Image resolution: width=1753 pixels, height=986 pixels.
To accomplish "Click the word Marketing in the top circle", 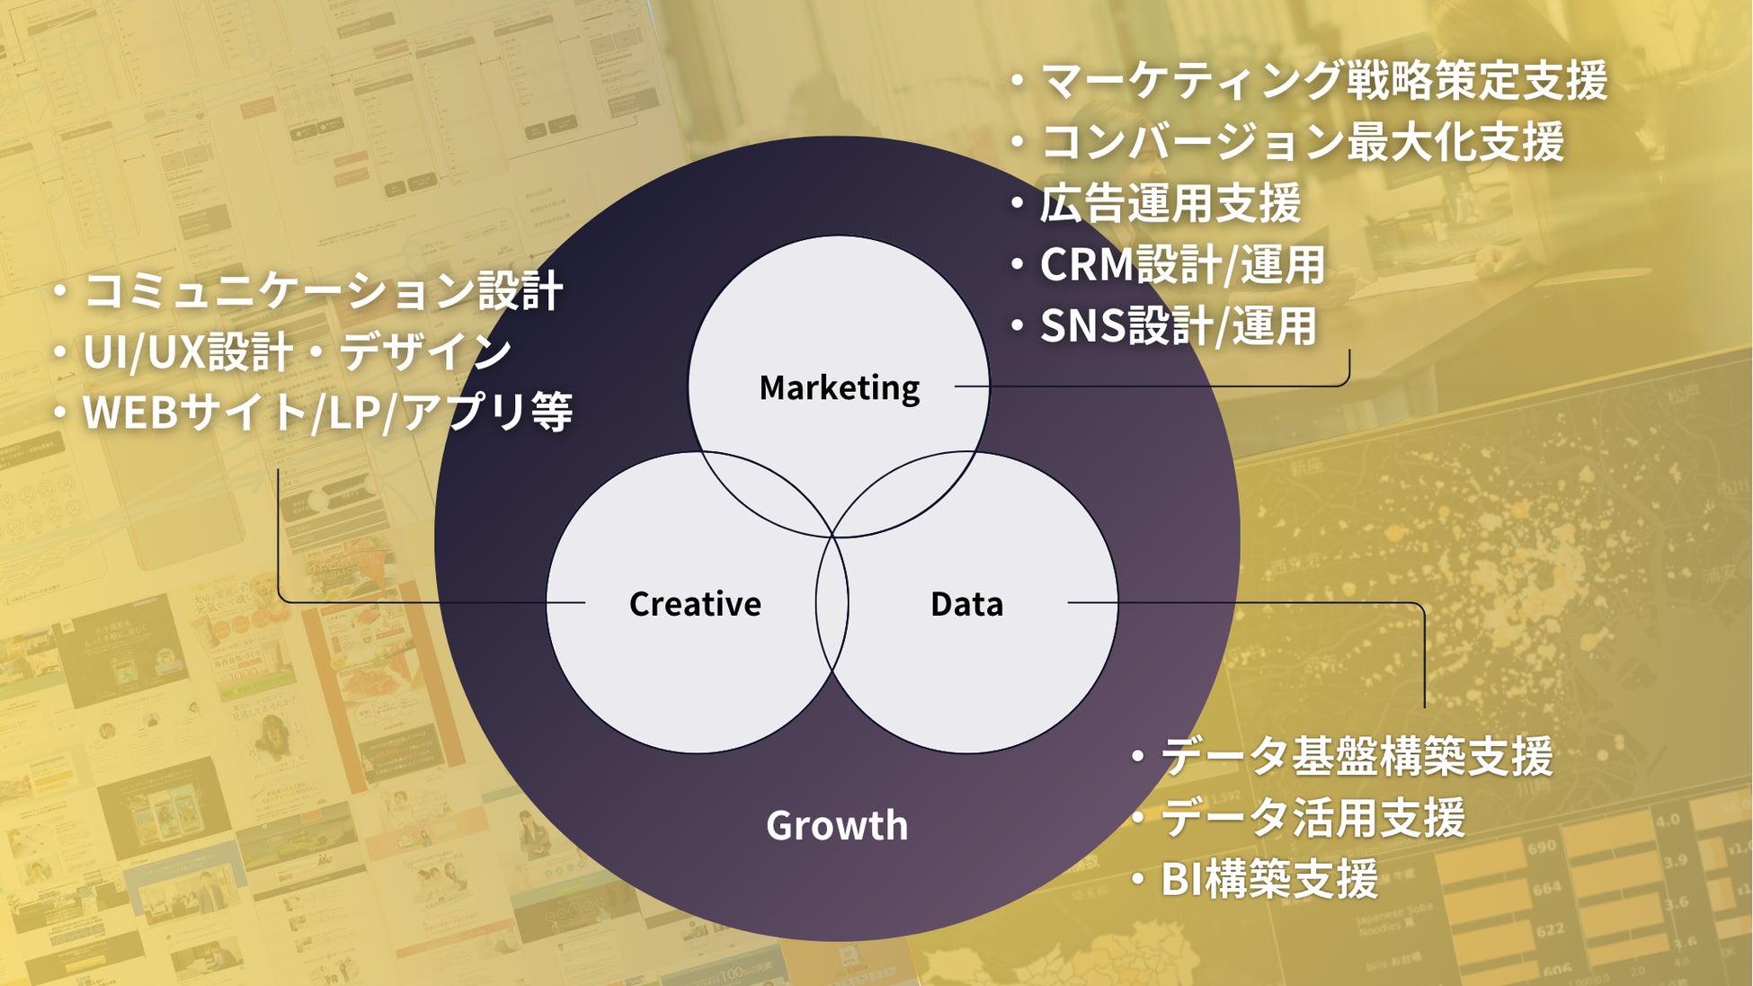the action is [x=840, y=388].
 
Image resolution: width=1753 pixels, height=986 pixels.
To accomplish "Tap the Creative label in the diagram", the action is [x=695, y=604].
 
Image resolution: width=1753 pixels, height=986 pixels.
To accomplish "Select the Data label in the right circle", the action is [x=966, y=604].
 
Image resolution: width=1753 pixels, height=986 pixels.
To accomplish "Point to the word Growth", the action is [x=837, y=825].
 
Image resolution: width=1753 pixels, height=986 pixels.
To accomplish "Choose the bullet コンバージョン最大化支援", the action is [x=1302, y=142].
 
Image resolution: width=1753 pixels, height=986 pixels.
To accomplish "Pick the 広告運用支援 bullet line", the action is [x=1170, y=203].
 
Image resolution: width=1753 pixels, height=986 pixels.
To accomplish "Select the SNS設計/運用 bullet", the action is [x=1178, y=326].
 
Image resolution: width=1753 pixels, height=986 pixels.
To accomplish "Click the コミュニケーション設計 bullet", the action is [x=323, y=291].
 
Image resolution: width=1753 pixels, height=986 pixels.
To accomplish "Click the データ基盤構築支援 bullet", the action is [x=1356, y=757].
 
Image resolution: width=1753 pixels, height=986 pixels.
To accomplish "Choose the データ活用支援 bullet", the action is [x=1313, y=818].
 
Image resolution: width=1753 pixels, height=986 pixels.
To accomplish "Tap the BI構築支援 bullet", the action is [x=1268, y=879].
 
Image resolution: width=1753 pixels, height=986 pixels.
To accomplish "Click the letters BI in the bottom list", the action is [x=1181, y=879].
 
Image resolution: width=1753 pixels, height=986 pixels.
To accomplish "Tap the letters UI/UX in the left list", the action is [x=145, y=352].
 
